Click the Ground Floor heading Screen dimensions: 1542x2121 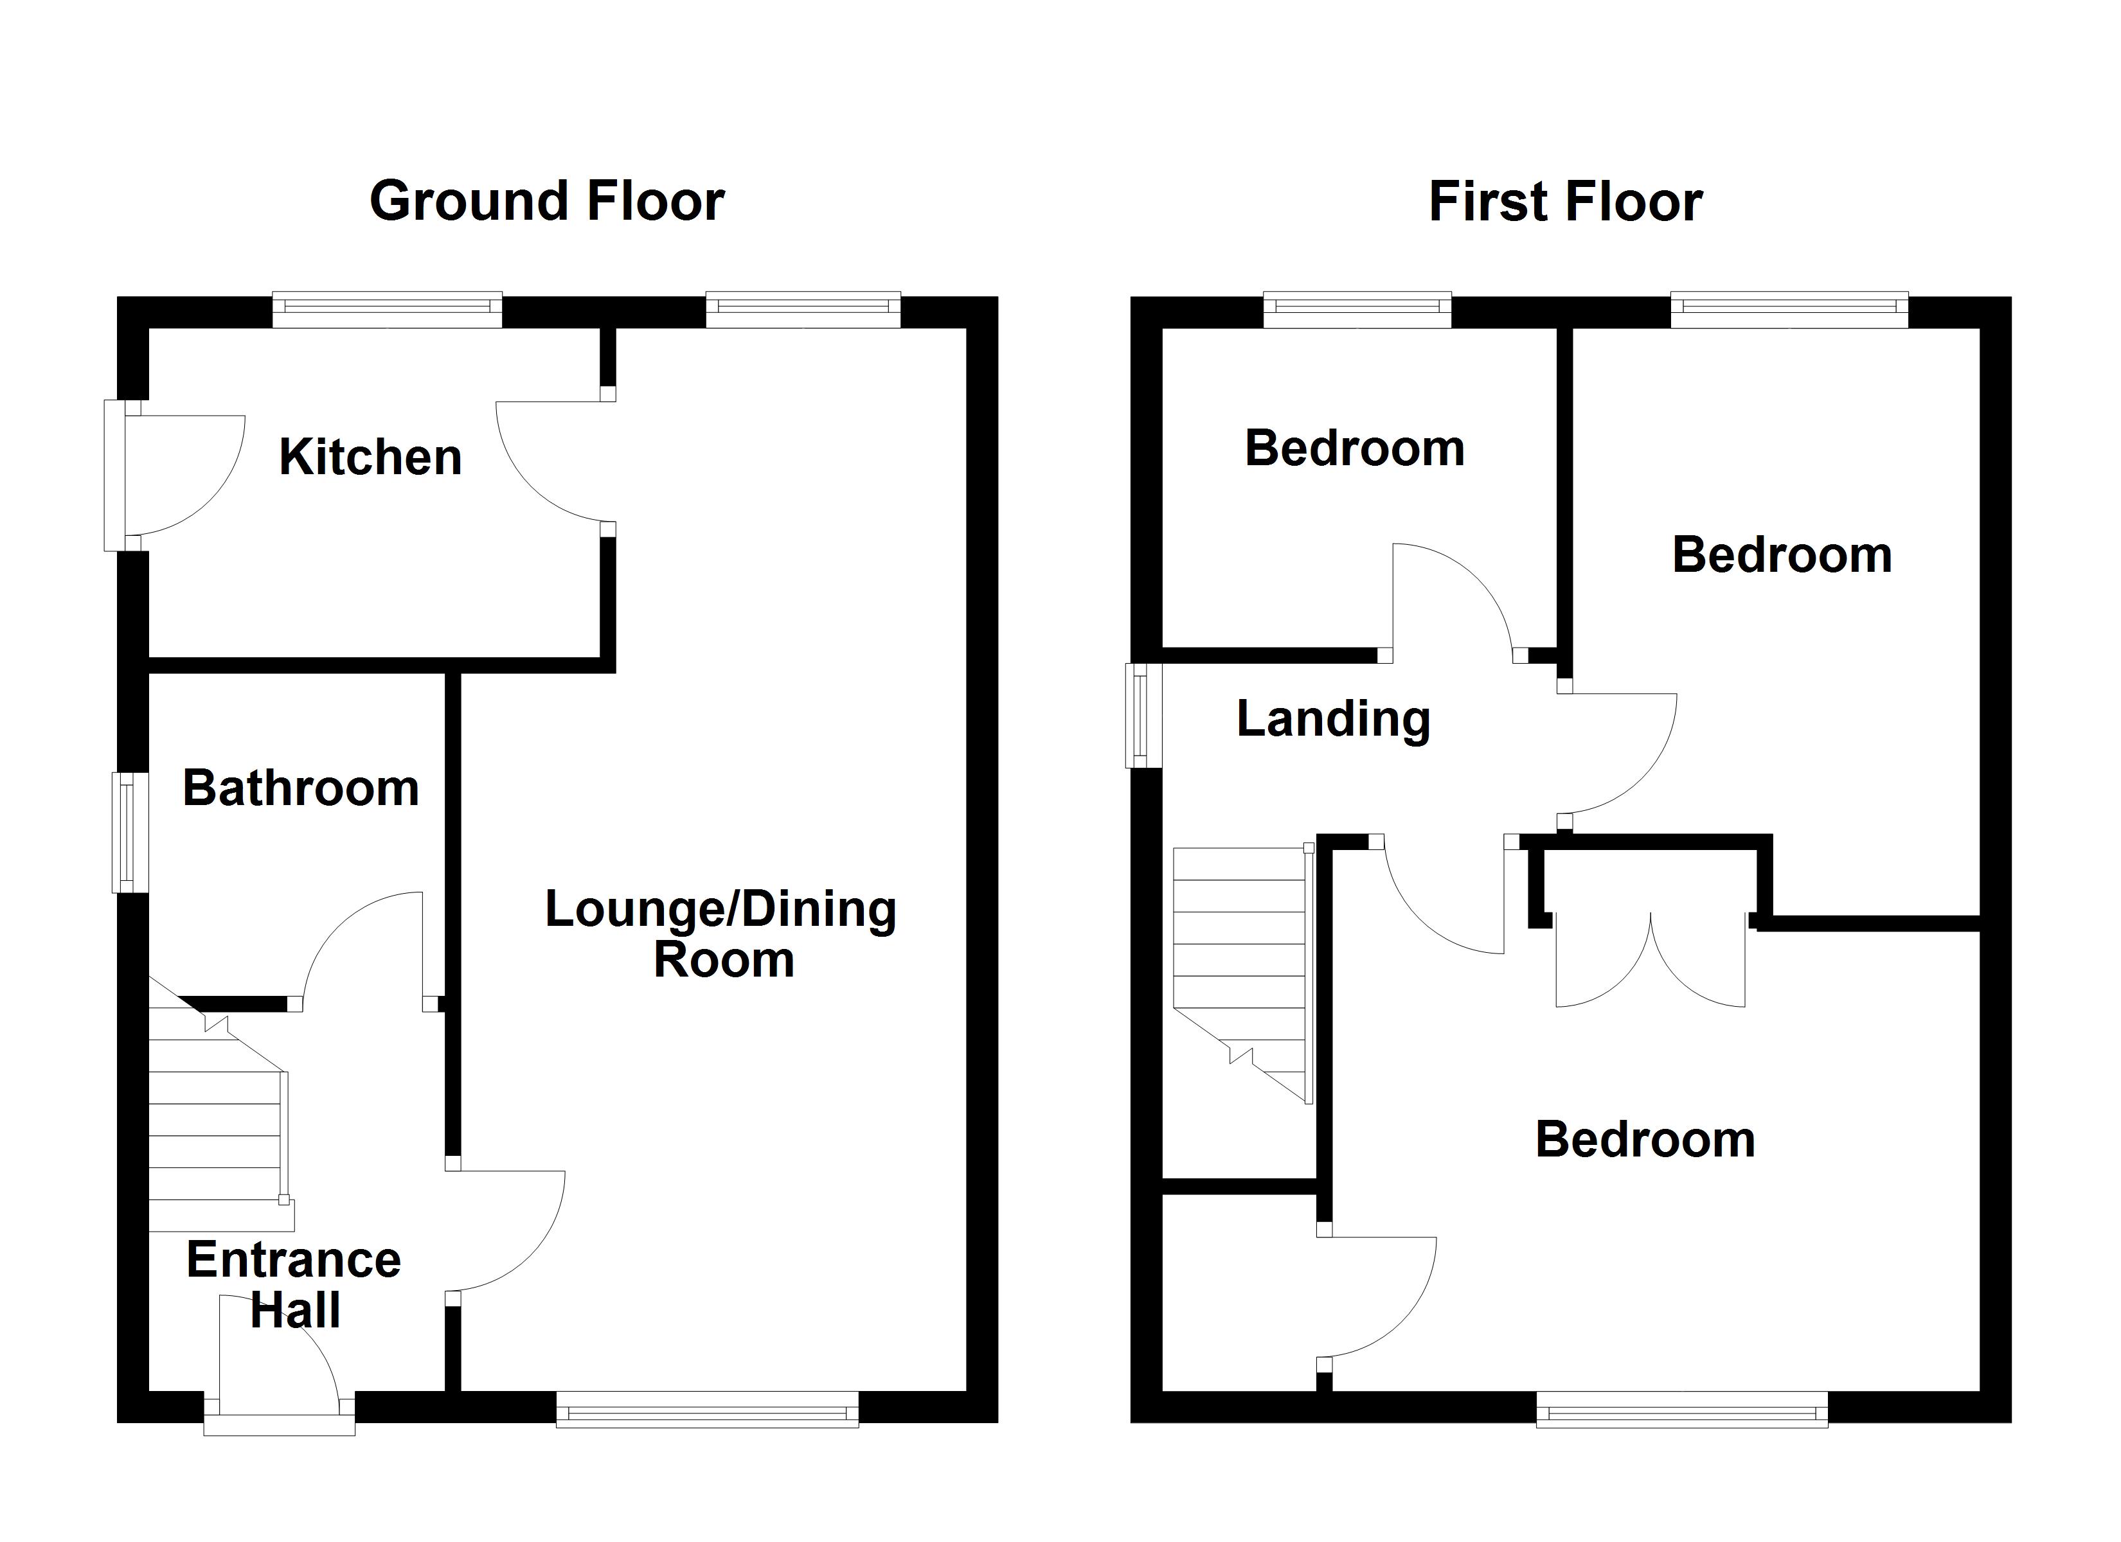point(547,201)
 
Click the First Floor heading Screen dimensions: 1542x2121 point(1566,202)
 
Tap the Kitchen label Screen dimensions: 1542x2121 point(370,457)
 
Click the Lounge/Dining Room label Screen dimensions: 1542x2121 point(721,934)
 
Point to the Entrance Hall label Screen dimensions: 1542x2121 point(294,1284)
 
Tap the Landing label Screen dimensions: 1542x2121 point(1334,719)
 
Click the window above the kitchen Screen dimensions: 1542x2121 point(387,310)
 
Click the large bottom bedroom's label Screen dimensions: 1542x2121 point(1645,1140)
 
